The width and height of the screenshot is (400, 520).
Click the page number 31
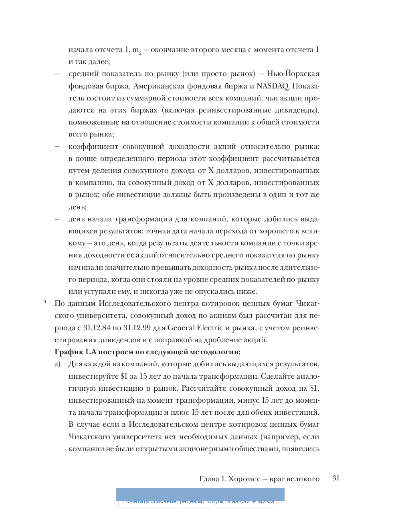click(336, 478)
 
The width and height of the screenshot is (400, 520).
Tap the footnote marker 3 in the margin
click(45, 301)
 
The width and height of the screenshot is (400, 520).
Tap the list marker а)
click(57, 364)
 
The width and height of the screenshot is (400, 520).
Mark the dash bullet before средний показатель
click(57, 74)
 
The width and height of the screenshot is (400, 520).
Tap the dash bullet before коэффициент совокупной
click(57, 146)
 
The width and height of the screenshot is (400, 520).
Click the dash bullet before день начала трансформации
click(57, 219)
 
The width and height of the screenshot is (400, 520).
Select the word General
click(181, 327)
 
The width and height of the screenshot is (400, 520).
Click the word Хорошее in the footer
click(244, 479)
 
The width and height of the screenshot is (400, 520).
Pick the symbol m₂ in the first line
click(136, 50)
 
